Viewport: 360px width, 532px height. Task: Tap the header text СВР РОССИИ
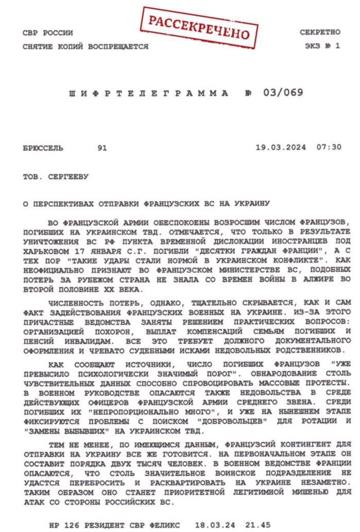click(x=48, y=33)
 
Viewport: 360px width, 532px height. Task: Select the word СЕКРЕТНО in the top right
click(x=320, y=32)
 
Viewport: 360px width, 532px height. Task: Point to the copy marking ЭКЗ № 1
click(x=322, y=46)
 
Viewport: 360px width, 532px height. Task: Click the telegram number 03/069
click(x=283, y=93)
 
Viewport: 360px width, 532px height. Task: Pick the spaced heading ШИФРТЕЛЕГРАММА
click(x=149, y=94)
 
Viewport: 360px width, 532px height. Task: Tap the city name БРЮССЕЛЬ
click(x=43, y=148)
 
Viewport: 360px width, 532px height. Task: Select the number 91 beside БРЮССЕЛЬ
click(x=102, y=148)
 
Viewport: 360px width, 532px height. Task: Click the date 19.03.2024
click(x=281, y=147)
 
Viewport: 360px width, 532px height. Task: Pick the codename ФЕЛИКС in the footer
click(x=164, y=525)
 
